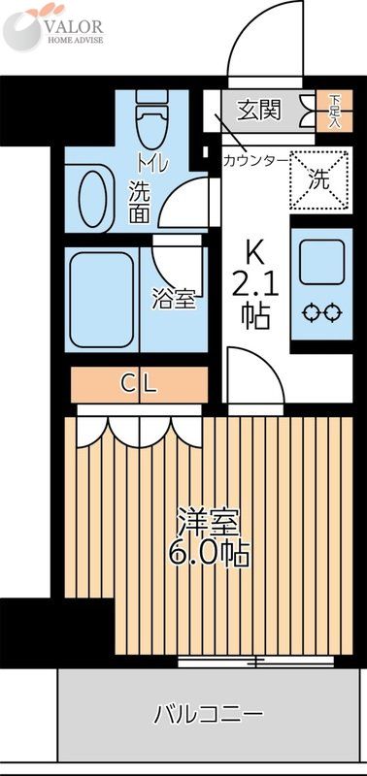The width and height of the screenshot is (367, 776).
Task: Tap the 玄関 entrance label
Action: point(259,109)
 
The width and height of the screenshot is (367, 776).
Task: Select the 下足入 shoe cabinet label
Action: point(334,111)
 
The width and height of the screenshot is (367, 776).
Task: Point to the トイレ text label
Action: point(152,164)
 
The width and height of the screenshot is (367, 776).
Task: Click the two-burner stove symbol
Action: point(321,311)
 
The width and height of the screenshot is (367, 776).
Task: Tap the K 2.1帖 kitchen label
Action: point(255,286)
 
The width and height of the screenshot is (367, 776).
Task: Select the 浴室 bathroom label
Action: point(175,300)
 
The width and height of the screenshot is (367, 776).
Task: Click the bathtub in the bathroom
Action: point(101,300)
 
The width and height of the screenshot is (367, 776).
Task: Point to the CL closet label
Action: point(139,384)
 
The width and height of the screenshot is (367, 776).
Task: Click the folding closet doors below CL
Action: point(139,424)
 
